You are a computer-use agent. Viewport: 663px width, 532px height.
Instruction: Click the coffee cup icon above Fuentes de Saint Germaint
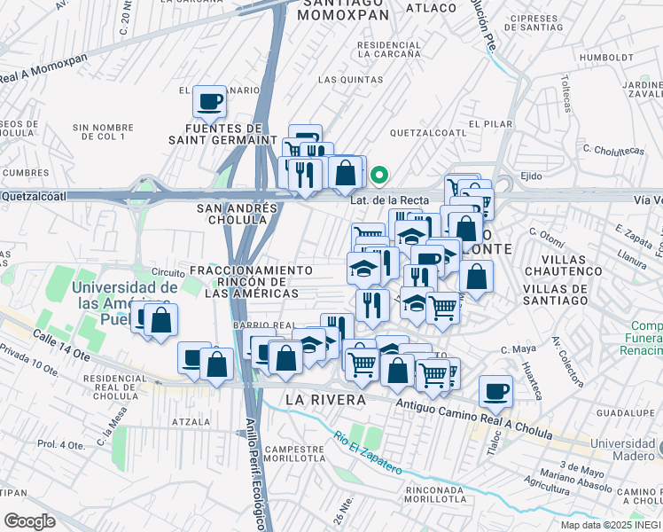(210, 101)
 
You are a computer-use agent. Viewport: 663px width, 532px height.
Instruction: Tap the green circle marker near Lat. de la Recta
(378, 175)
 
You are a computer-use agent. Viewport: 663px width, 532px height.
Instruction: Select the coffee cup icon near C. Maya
(496, 390)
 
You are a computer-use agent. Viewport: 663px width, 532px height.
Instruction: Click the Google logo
(29, 520)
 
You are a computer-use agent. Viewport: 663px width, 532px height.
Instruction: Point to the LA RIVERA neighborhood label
(326, 401)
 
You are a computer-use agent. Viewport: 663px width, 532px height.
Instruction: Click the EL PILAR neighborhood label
(487, 123)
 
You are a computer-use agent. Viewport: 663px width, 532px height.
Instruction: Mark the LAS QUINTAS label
(342, 80)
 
